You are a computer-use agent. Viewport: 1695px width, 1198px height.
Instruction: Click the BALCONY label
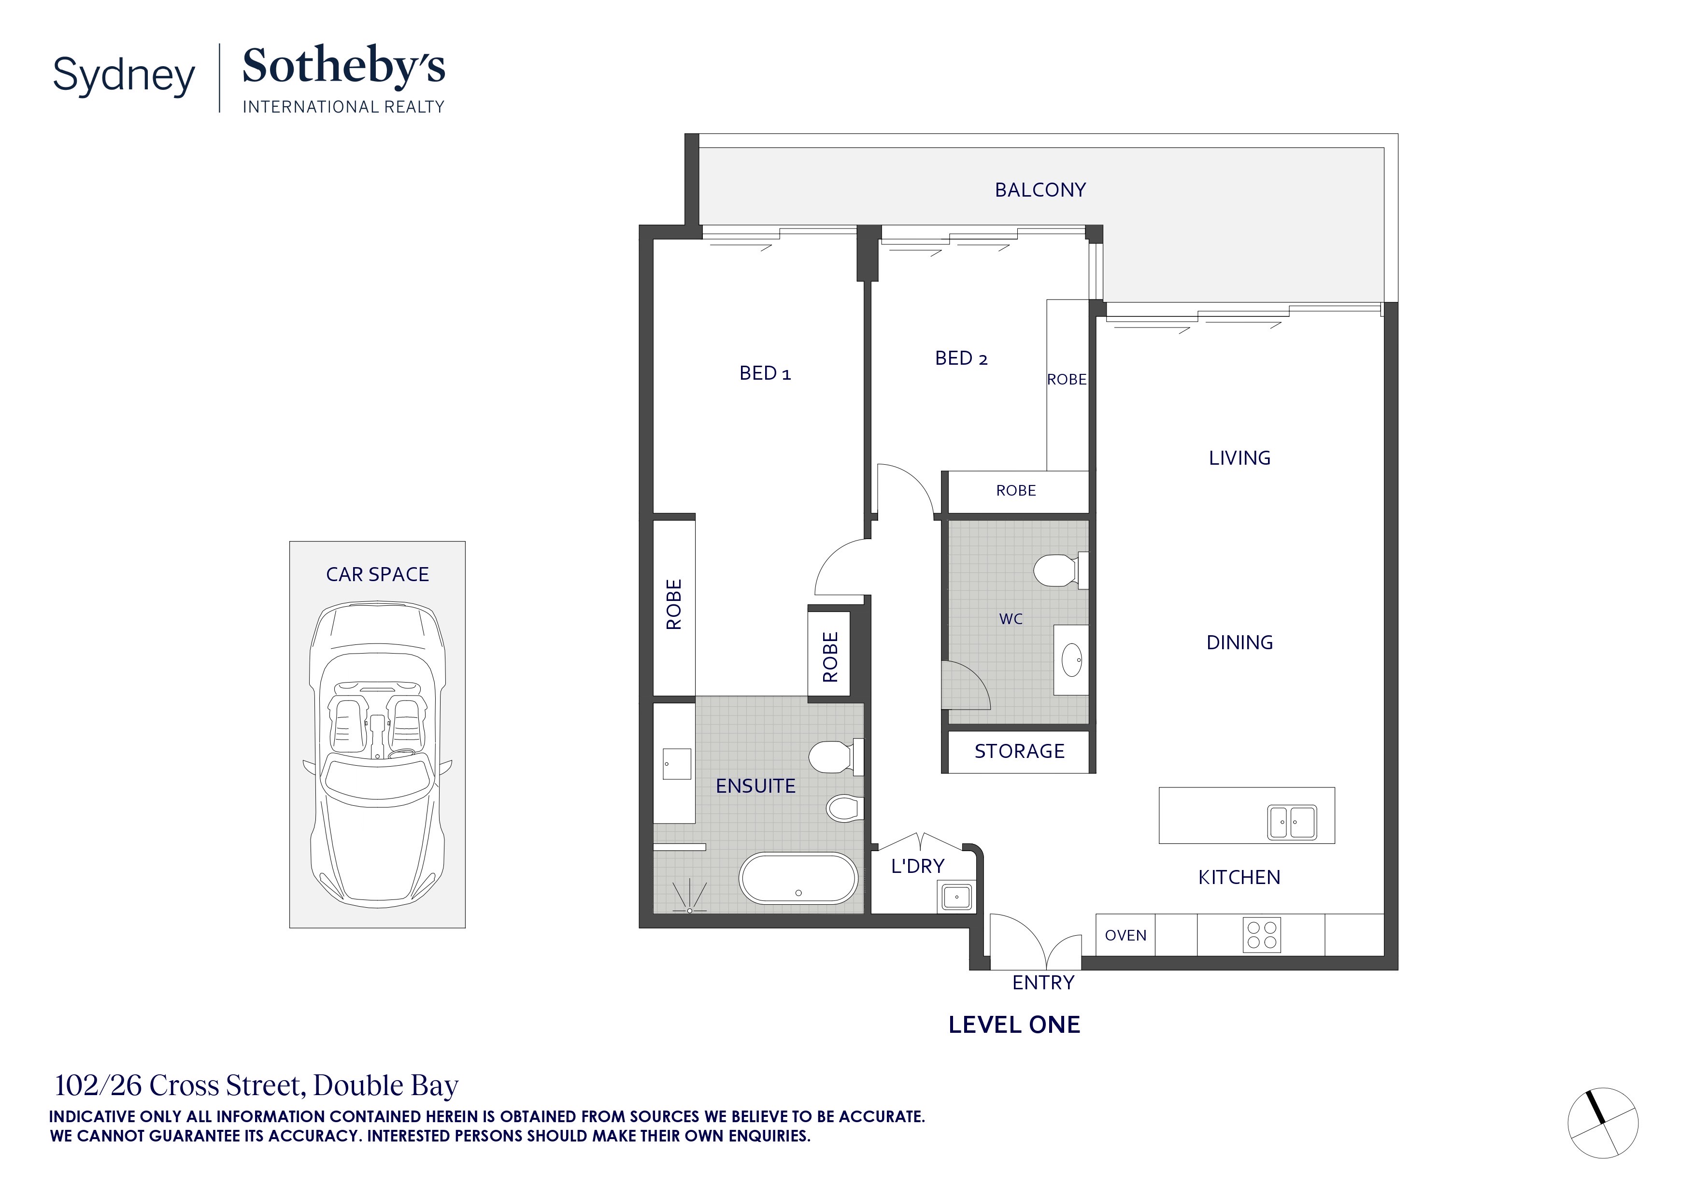pos(1040,190)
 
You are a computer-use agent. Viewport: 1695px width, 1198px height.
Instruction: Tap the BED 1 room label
pos(764,373)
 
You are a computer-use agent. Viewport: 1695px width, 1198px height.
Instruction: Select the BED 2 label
pos(960,359)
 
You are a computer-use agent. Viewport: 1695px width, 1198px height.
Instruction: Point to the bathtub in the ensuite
pos(798,878)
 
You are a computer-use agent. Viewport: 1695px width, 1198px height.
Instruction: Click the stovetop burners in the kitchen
pos(1262,934)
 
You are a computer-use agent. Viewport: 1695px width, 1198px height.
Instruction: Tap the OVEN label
pos(1125,935)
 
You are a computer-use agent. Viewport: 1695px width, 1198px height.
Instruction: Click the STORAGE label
pos(1019,752)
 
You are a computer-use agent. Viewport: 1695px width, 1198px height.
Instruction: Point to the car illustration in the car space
pos(377,753)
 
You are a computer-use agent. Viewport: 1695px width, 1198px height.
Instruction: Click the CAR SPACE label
pos(377,574)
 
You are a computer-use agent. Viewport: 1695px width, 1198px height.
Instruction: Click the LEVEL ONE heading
pos(1013,1025)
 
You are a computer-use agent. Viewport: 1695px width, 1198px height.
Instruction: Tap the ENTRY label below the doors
pos(1042,983)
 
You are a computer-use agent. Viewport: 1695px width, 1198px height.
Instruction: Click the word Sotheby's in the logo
pos(343,67)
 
